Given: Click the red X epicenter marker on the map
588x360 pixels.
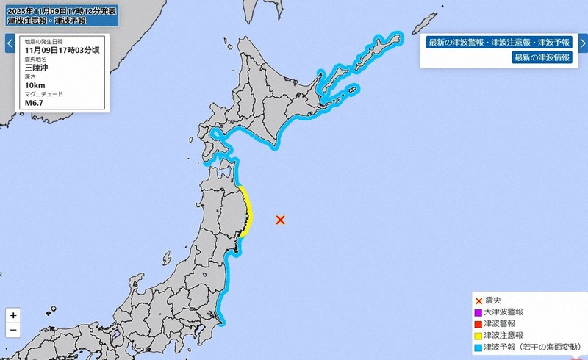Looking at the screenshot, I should pyautogui.click(x=280, y=219).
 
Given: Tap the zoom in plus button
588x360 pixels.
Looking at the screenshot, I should pyautogui.click(x=13, y=315).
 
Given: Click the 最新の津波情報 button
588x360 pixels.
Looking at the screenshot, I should pyautogui.click(x=542, y=57).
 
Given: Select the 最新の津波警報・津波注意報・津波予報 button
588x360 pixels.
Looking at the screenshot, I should pyautogui.click(x=500, y=42).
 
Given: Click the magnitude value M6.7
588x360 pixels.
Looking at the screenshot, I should pyautogui.click(x=35, y=103).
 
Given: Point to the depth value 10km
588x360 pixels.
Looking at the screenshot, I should pyautogui.click(x=35, y=85).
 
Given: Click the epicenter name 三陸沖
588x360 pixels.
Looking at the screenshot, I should pyautogui.click(x=37, y=67).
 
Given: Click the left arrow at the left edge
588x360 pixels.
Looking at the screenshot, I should pyautogui.click(x=10, y=43).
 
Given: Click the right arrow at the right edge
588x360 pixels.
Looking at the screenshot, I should pyautogui.click(x=579, y=43).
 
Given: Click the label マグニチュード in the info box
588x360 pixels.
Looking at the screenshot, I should pyautogui.click(x=44, y=94).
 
